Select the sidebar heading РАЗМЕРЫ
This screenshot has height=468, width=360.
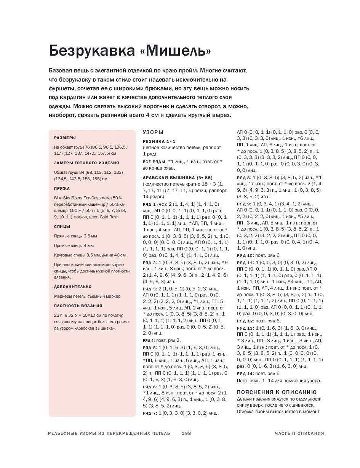tap(65, 138)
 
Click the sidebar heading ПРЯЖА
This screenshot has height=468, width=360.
tap(62, 188)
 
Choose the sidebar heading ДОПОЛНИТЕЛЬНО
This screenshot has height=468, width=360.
tap(73, 287)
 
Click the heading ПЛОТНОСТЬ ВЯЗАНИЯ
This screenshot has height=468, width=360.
tap(78, 306)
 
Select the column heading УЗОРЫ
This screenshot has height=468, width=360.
tap(153, 132)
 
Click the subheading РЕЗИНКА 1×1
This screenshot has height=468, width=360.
tap(159, 141)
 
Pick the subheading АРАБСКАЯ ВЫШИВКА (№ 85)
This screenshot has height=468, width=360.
tap(177, 178)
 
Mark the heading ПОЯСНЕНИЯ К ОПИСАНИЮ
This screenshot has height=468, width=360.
tap(277, 392)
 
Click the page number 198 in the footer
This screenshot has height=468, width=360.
tap(186, 433)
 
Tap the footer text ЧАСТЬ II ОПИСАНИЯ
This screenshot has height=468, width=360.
tap(299, 433)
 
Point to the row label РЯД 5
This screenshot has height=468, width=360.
tap(150, 348)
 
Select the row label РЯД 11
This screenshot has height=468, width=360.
tap(245, 263)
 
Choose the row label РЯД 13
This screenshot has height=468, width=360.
tap(245, 328)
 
